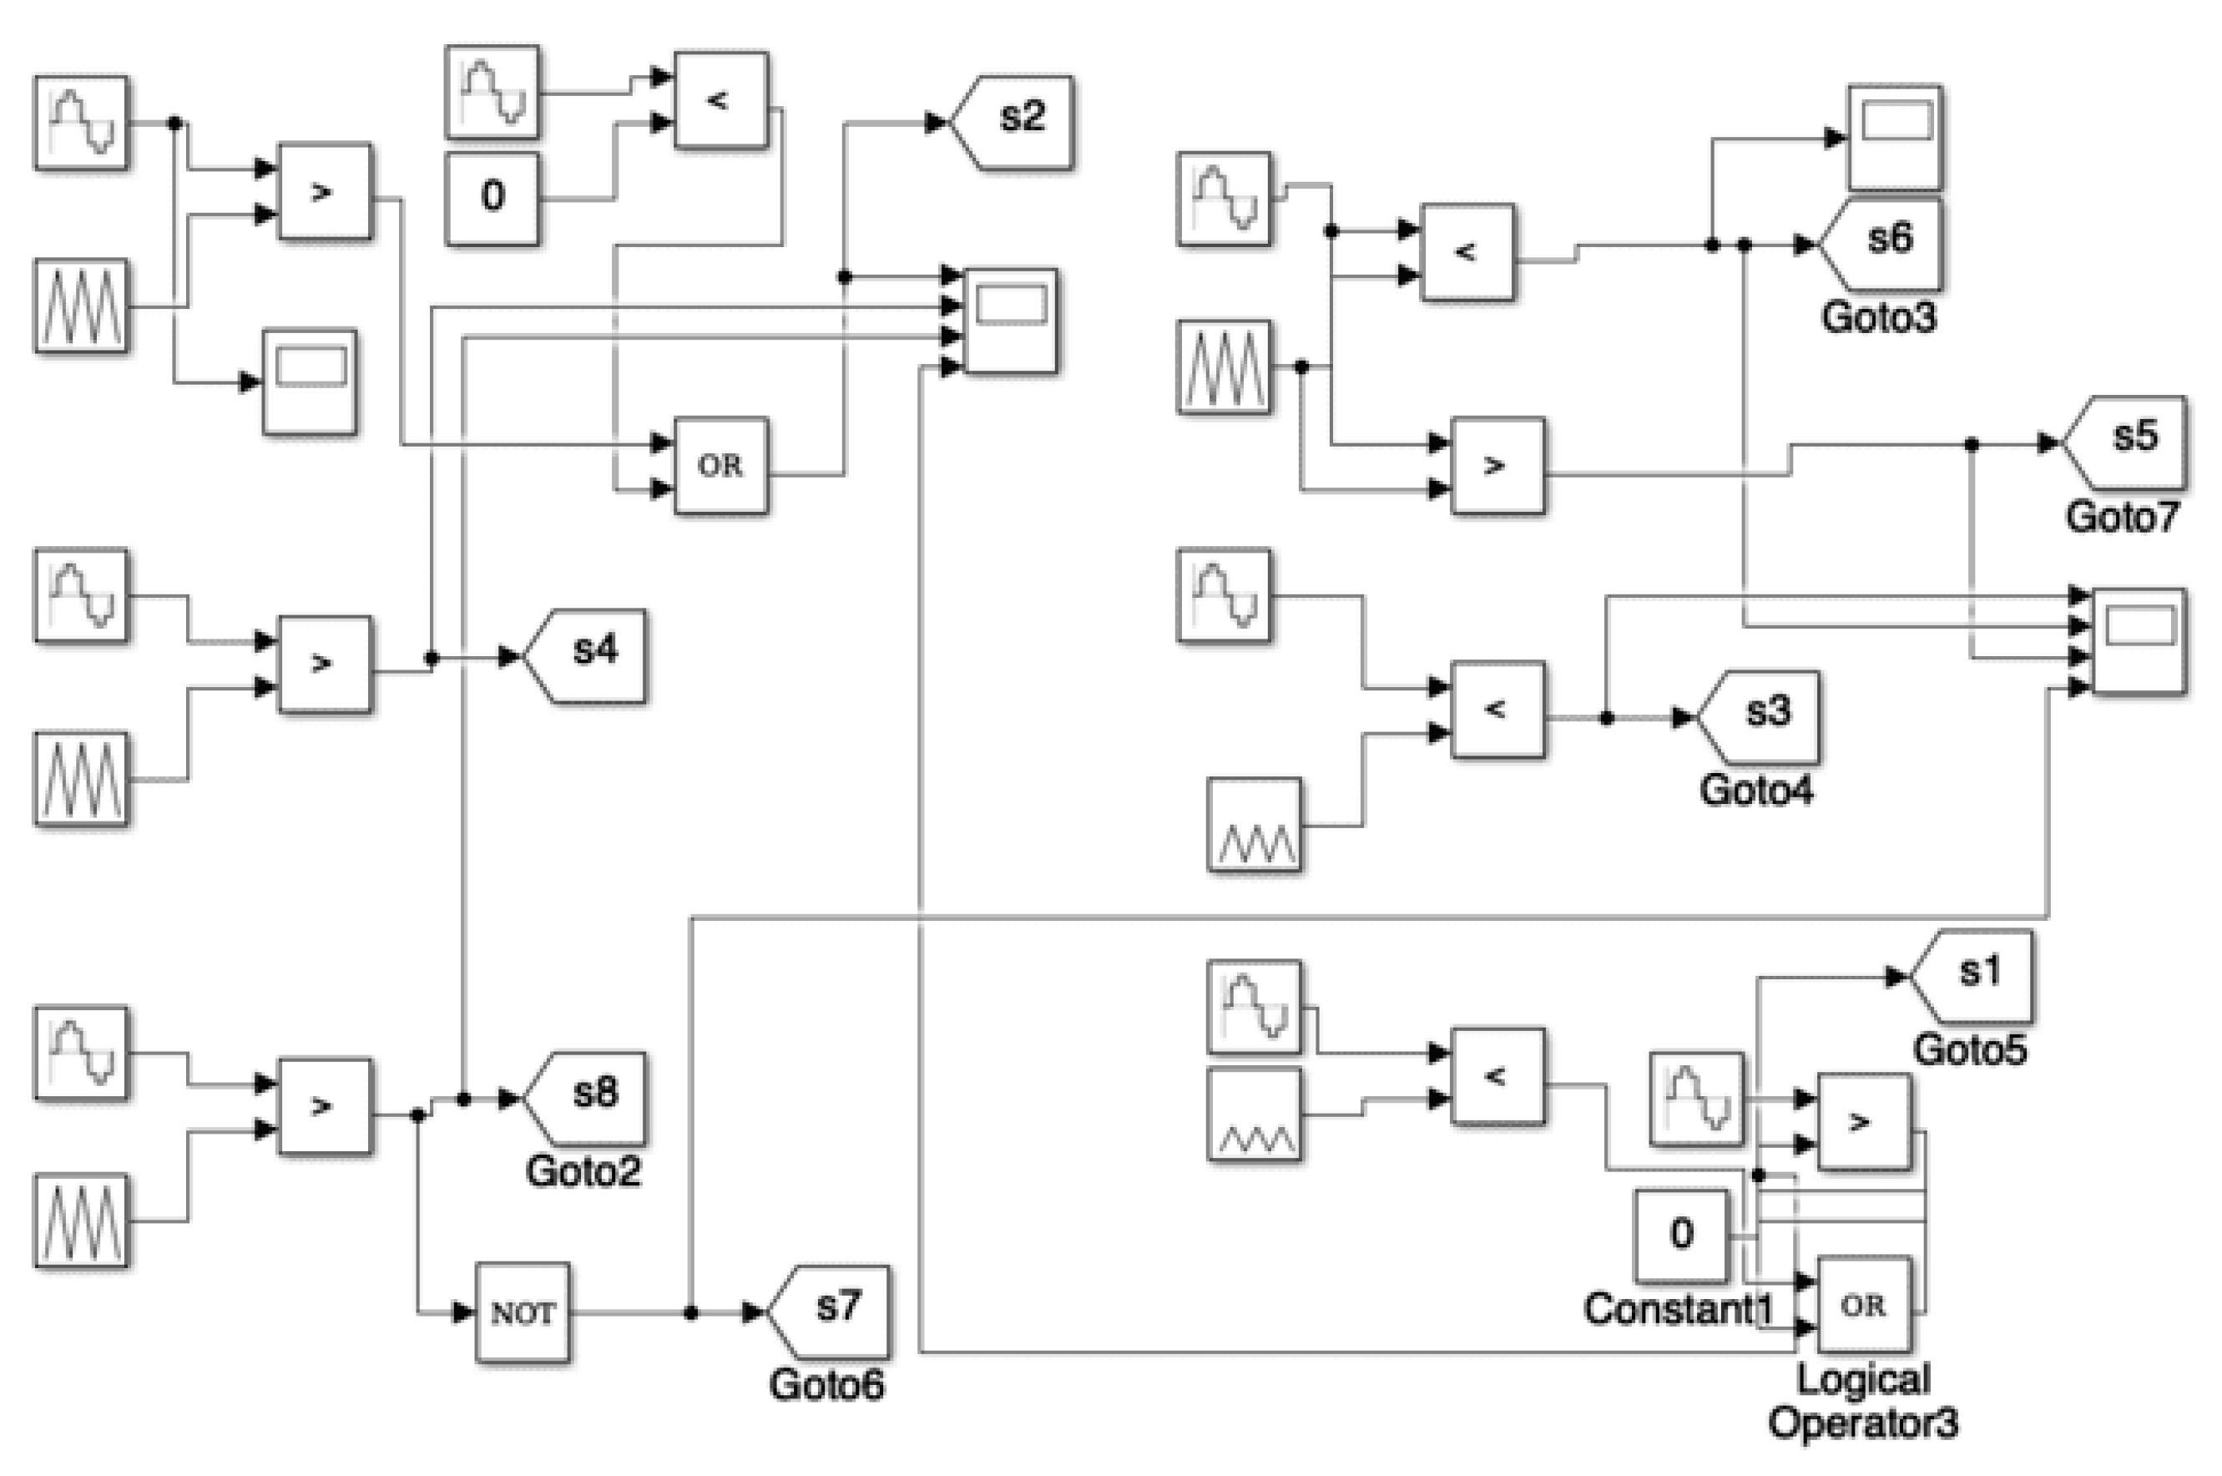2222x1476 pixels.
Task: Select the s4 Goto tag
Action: [x=588, y=656]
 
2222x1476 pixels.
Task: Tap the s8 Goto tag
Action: [x=588, y=1098]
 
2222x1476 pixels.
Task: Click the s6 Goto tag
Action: [x=1882, y=244]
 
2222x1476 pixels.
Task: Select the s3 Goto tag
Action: [x=1761, y=717]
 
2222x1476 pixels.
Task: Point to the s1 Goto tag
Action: [x=1974, y=976]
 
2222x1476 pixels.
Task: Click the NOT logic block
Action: [x=523, y=1312]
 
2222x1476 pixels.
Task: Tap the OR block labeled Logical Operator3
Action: [x=1863, y=1305]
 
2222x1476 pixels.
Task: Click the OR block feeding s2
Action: [x=721, y=465]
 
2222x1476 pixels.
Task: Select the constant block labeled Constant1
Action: [x=1681, y=1235]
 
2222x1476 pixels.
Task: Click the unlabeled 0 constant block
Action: [x=492, y=198]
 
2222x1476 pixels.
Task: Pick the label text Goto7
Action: [x=2121, y=517]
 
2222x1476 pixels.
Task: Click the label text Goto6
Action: [x=826, y=1385]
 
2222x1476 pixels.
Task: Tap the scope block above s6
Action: [x=1895, y=138]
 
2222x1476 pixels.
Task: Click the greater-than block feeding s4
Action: [x=325, y=664]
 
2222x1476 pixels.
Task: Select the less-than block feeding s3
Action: [x=1497, y=709]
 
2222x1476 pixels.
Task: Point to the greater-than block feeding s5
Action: [x=1497, y=465]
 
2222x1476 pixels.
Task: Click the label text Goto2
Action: [x=583, y=1171]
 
